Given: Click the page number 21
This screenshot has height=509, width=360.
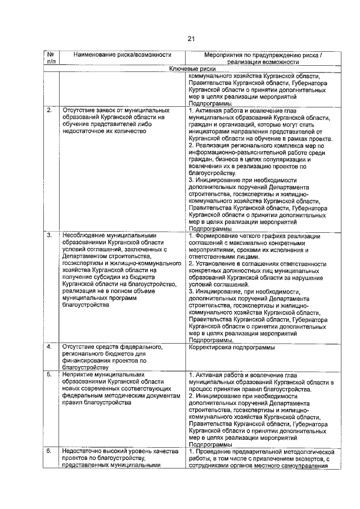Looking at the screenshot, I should (x=191, y=39).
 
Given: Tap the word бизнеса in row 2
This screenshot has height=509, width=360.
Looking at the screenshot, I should (x=219, y=159).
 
